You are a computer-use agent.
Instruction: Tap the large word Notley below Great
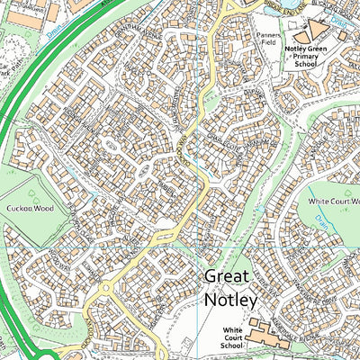pos(230,298)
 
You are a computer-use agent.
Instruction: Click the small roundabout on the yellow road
pos(106,290)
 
